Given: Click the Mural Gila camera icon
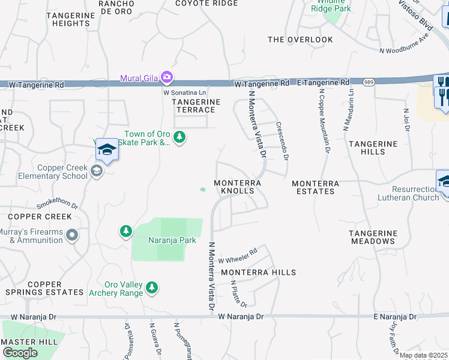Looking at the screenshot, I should click(x=167, y=77).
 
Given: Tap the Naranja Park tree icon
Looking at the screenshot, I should click(x=125, y=231).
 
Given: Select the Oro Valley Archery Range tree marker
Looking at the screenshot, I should click(x=152, y=288).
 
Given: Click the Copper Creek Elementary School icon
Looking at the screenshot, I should click(x=95, y=172).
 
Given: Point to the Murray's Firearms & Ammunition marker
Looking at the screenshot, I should click(x=72, y=235).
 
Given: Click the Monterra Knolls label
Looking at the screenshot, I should click(x=238, y=187).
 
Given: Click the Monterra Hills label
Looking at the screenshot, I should click(x=258, y=272).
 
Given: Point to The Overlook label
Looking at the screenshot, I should click(x=300, y=40).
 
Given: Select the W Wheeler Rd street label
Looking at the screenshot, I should click(x=238, y=256).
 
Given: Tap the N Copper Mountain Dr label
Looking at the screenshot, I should click(x=324, y=121).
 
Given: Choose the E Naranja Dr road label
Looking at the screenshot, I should click(x=394, y=316).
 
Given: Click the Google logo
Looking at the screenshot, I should click(x=20, y=353).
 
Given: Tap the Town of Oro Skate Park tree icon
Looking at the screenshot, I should click(x=179, y=138).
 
